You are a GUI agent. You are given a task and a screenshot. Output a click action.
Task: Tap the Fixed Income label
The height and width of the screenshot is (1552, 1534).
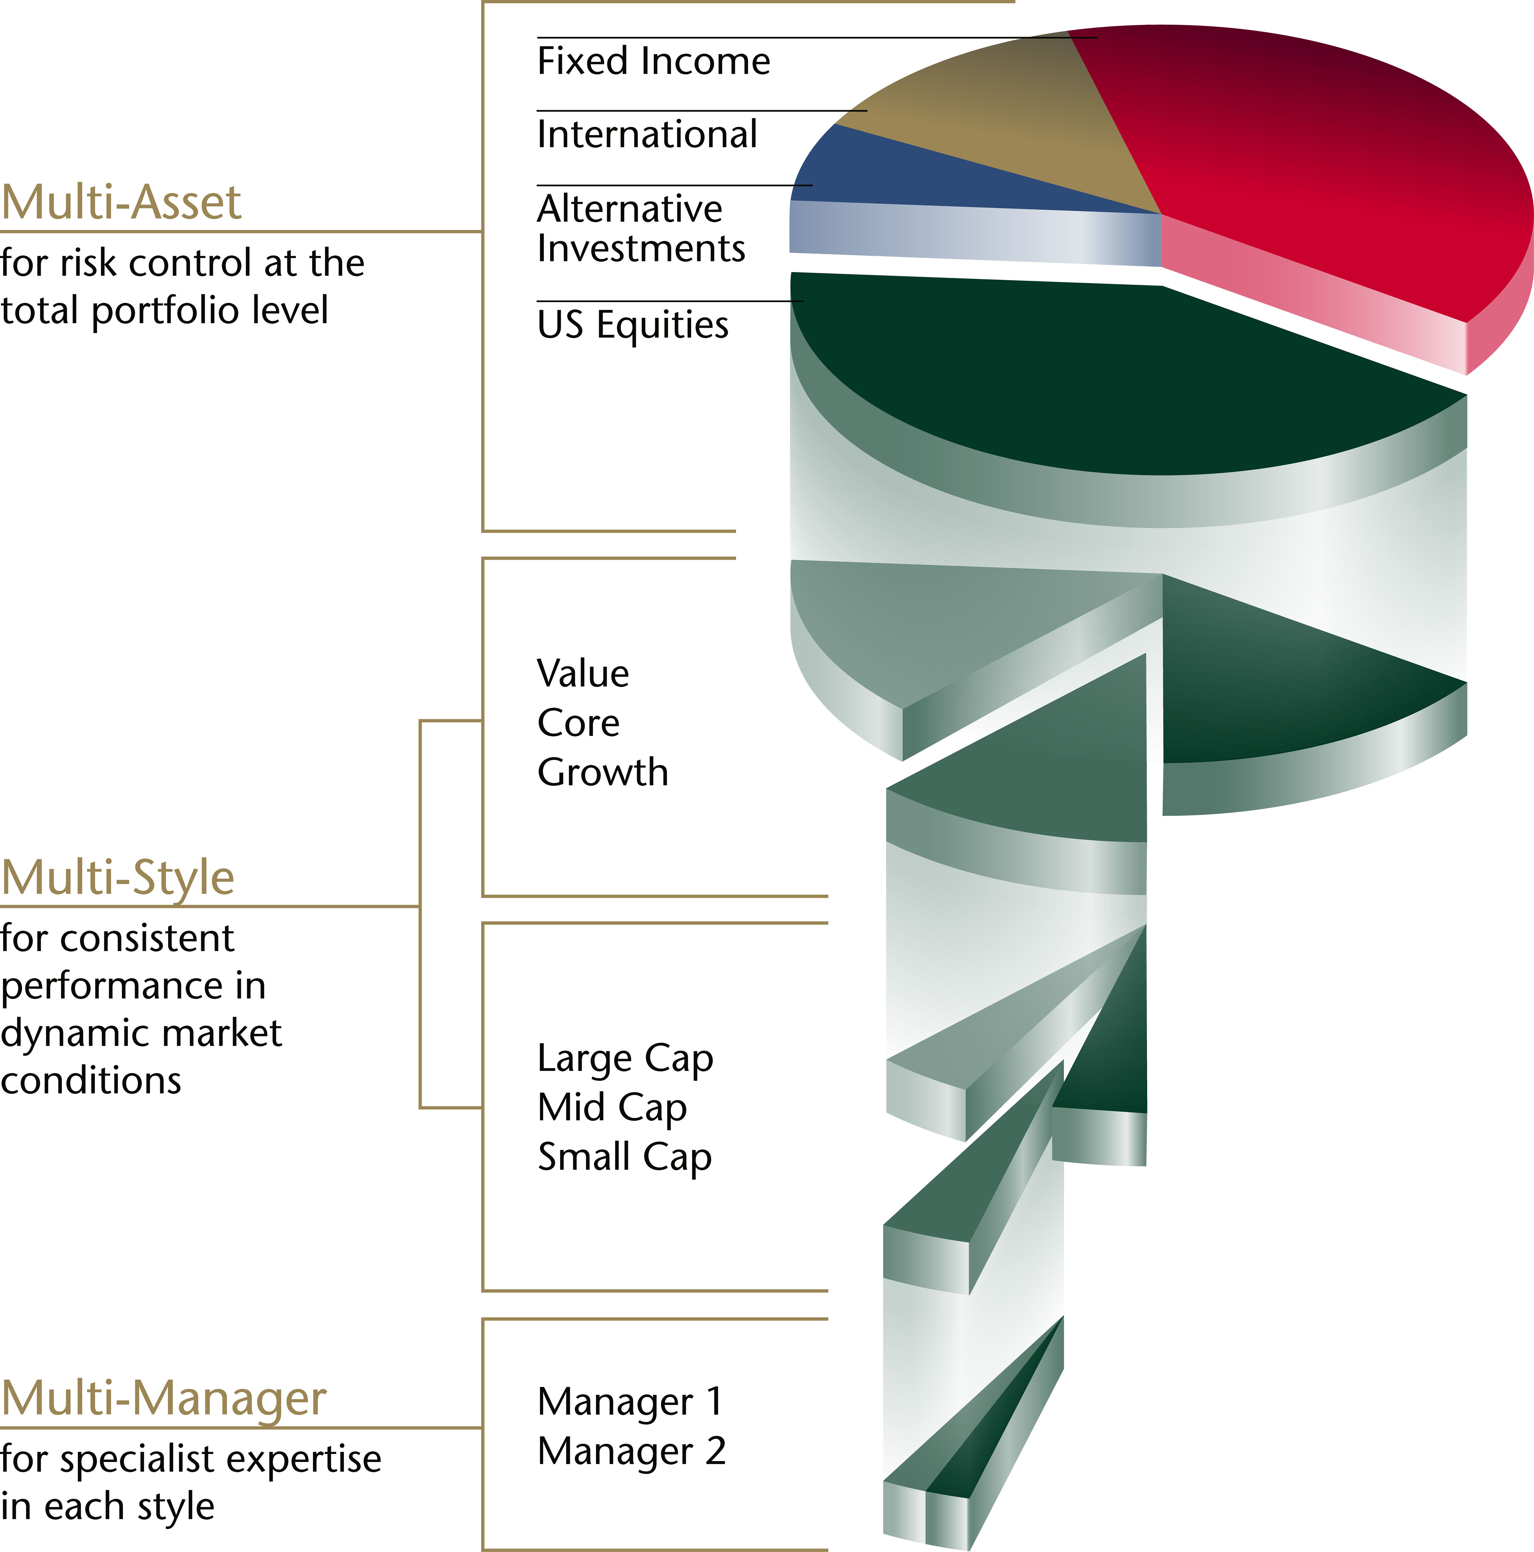[653, 62]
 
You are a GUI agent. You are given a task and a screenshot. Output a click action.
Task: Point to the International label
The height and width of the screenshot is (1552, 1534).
[647, 134]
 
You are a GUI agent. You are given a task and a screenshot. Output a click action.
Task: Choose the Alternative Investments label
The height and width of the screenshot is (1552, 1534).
[640, 228]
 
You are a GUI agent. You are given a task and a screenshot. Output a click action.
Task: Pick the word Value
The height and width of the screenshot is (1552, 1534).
[583, 673]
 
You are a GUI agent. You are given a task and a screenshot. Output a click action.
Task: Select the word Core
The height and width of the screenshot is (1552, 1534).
[578, 723]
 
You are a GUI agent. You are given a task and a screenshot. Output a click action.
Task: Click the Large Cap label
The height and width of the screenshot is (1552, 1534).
[625, 1059]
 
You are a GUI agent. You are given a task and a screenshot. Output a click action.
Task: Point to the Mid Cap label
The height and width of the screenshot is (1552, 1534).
[612, 1108]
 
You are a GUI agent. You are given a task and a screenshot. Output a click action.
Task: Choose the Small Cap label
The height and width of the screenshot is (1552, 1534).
[624, 1157]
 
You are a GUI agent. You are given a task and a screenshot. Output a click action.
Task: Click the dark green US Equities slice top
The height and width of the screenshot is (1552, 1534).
[1084, 378]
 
